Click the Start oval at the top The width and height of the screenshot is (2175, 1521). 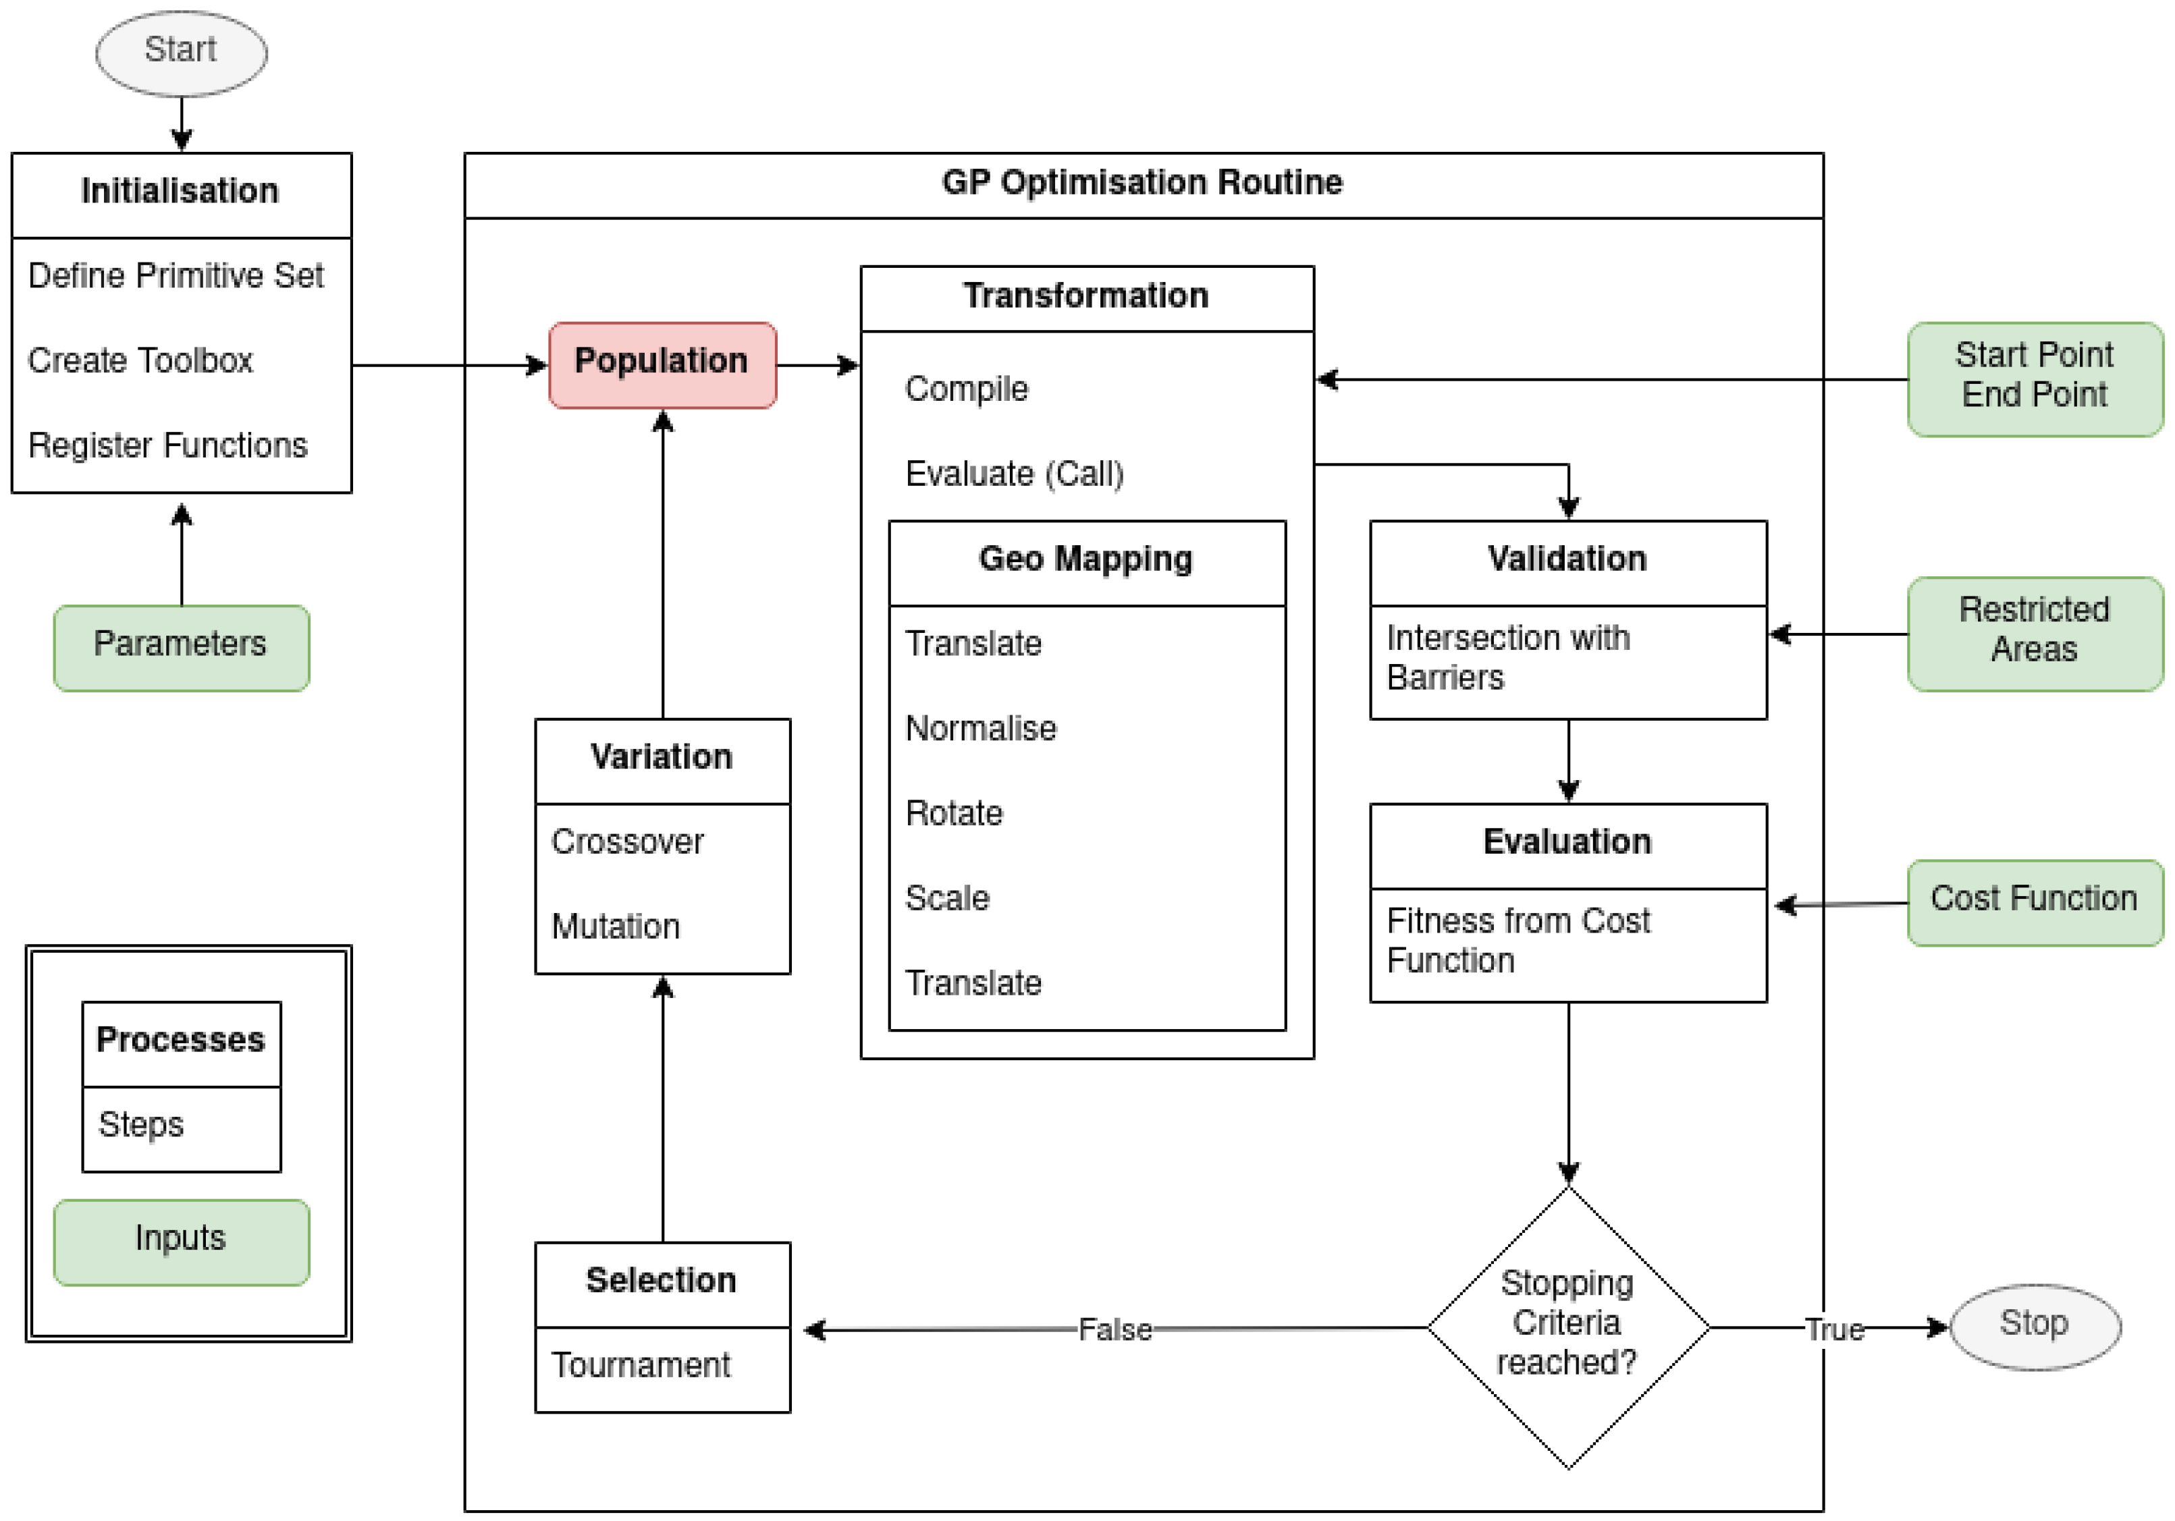181,51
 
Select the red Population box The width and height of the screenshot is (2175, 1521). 662,364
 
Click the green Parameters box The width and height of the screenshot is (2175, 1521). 181,647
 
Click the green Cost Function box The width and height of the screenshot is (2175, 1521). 2034,901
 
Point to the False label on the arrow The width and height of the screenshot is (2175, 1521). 1115,1329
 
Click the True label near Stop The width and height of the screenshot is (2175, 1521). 1834,1329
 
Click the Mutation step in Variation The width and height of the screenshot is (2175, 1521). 616,927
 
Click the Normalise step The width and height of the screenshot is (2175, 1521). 980,728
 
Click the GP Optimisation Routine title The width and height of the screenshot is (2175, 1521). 1142,182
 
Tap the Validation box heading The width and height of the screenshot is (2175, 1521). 1567,559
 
